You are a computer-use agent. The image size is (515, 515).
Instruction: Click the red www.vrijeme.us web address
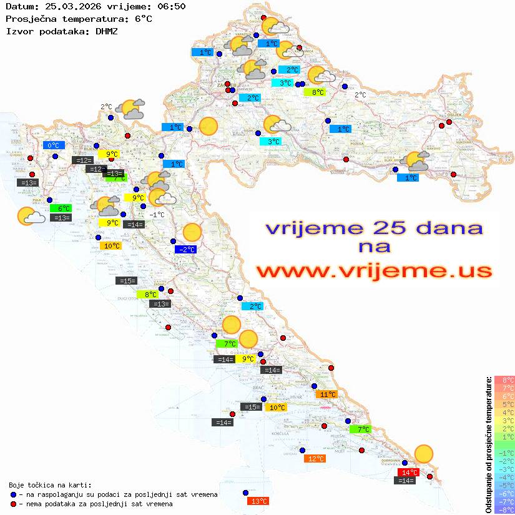point(374,272)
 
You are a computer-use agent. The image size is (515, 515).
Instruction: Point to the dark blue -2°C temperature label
point(185,250)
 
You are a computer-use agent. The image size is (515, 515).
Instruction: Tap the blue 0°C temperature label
point(54,145)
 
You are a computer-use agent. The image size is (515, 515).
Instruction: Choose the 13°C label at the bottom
point(258,501)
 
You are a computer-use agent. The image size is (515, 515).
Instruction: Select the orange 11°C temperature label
point(327,395)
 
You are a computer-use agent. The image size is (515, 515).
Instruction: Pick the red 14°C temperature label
point(408,473)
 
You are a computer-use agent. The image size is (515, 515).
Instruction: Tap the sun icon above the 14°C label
point(424,454)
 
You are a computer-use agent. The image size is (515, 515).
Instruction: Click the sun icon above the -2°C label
point(192,233)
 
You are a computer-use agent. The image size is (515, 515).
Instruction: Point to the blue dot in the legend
point(14,494)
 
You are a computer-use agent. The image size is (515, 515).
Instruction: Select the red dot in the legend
point(14,503)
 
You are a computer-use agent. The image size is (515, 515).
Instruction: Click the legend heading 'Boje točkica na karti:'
point(50,484)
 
